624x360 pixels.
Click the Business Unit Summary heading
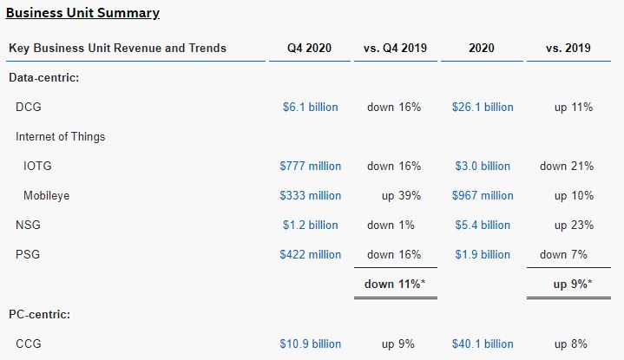click(82, 13)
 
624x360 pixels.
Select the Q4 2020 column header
click(309, 48)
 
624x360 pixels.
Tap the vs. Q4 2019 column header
click(395, 48)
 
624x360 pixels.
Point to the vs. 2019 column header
click(568, 48)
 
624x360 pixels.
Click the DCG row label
click(29, 107)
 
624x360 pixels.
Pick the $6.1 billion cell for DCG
click(311, 107)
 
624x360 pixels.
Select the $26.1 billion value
click(483, 107)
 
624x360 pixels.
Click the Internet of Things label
click(61, 136)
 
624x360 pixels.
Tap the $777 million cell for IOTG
click(311, 166)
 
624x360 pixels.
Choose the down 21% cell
click(567, 166)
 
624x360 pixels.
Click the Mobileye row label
click(47, 195)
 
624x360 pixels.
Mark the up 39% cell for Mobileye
click(401, 195)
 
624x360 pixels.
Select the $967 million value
click(483, 195)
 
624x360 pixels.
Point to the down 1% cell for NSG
click(391, 225)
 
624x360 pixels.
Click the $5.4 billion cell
click(483, 225)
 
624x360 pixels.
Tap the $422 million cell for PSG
click(311, 254)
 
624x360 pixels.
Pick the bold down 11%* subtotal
click(395, 284)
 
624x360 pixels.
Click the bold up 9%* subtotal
click(573, 284)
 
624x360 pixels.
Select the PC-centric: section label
click(39, 314)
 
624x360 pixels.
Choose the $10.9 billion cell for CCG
click(311, 344)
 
